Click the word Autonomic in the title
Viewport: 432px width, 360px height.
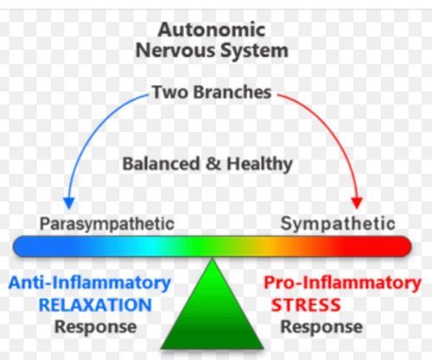[x=212, y=29]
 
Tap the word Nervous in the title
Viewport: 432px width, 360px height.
[x=175, y=50]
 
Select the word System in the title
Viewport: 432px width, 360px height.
[x=254, y=51]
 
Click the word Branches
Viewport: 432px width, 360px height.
[x=232, y=92]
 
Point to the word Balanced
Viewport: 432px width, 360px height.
[x=161, y=163]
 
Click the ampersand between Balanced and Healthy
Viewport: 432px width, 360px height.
[x=213, y=163]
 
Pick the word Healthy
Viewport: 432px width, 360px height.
[x=259, y=164]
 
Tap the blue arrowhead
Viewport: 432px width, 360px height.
[x=69, y=203]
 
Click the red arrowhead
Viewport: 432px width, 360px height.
[x=357, y=203]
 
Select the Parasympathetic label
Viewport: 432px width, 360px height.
[x=107, y=224]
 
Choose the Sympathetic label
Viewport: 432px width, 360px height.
[x=338, y=224]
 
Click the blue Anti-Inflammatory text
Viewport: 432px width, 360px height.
[x=90, y=283]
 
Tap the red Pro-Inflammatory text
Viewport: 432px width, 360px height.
[x=342, y=283]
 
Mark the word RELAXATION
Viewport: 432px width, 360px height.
[x=95, y=305]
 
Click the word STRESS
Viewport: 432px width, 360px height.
[x=306, y=305]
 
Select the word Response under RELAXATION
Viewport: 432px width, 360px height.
[x=96, y=327]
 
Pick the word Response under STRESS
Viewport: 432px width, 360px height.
[x=321, y=327]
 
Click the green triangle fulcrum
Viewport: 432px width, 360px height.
[x=213, y=313]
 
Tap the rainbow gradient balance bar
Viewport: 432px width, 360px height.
[x=213, y=246]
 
